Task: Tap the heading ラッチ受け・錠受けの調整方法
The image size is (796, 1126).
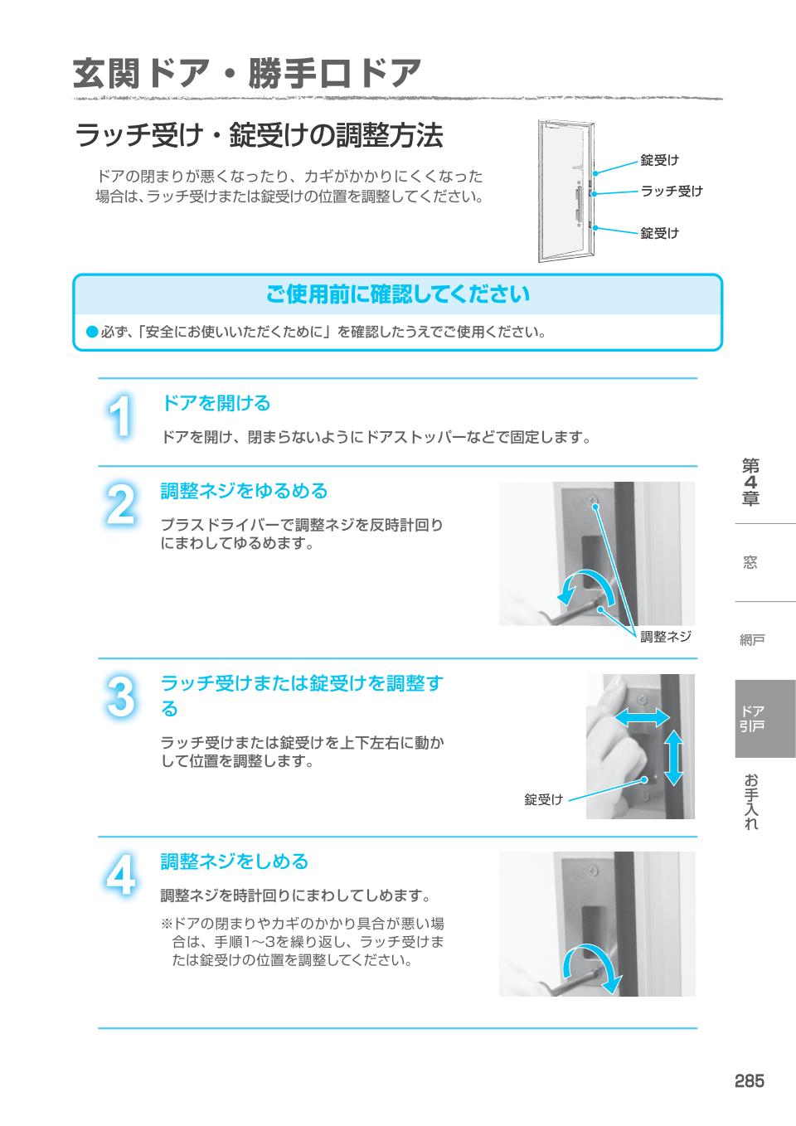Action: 259,135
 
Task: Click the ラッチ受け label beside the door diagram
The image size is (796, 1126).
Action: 671,192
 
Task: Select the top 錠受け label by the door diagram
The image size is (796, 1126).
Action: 659,160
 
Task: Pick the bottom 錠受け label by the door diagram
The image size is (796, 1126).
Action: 659,233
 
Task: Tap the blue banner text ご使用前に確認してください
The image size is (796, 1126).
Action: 397,294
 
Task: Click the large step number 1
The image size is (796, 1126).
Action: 121,418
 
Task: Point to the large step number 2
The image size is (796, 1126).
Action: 121,505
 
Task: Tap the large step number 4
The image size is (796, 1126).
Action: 121,876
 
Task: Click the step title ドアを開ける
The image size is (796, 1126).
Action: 216,403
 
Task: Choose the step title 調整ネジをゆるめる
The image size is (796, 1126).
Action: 244,491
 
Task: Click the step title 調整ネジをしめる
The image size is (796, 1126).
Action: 234,861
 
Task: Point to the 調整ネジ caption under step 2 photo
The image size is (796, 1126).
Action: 665,637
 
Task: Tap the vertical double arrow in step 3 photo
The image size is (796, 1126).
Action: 674,756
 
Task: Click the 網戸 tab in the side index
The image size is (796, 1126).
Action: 752,639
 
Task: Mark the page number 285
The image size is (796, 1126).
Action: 748,1080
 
